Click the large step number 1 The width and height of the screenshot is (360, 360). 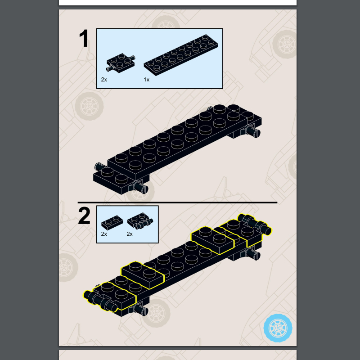point(84,38)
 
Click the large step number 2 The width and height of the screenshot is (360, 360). point(84,216)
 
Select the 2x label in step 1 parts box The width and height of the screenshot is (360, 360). point(104,80)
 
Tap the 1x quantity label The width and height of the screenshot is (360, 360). point(147,80)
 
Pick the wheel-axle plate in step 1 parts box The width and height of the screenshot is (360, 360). point(121,63)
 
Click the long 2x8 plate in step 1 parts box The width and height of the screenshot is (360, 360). point(181,55)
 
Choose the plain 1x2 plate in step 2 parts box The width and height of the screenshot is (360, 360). point(112,222)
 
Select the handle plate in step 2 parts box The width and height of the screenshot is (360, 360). point(140,221)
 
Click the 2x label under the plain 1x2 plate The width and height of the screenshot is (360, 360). point(104,234)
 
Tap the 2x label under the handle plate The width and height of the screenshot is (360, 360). point(130,234)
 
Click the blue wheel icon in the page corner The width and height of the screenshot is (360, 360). point(278,328)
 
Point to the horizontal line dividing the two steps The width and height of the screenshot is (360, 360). point(177,202)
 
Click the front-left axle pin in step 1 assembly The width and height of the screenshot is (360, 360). point(140,188)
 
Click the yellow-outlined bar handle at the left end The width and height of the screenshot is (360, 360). point(100,301)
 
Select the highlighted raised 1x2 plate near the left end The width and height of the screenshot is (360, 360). point(143,275)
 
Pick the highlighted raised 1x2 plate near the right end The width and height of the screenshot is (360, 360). point(212,240)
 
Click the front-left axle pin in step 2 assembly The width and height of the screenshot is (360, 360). point(140,309)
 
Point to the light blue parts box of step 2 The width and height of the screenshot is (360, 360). point(127,224)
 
